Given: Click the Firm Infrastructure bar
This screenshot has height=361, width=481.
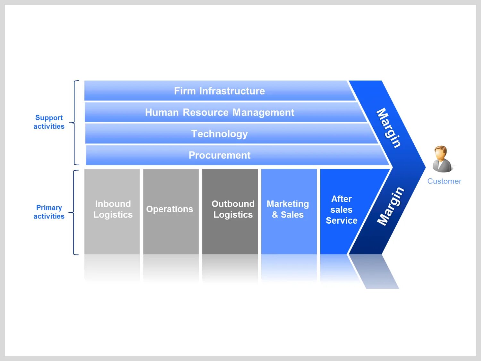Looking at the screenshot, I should tap(219, 91).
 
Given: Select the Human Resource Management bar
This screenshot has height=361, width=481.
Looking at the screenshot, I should tap(219, 112).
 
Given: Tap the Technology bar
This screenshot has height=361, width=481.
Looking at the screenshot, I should tap(219, 134).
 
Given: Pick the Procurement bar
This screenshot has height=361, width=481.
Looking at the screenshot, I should tap(219, 155).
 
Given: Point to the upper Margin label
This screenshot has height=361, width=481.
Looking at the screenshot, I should tap(388, 128).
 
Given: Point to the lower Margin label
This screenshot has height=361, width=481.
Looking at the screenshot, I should tap(390, 206).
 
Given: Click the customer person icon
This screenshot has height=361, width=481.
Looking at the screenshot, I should tap(442, 159).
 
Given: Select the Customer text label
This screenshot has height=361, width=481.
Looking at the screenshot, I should tap(444, 181).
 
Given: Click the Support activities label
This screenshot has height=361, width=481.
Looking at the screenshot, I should tap(49, 122).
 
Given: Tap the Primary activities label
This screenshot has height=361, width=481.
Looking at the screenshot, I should tap(49, 212).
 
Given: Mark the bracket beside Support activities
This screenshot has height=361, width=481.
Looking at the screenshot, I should tap(74, 123).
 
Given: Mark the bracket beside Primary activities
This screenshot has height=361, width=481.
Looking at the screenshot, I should tap(74, 212).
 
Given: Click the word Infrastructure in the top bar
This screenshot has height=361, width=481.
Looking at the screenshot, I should tap(232, 91).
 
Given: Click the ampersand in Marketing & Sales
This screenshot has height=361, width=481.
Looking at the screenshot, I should tap(275, 215).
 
